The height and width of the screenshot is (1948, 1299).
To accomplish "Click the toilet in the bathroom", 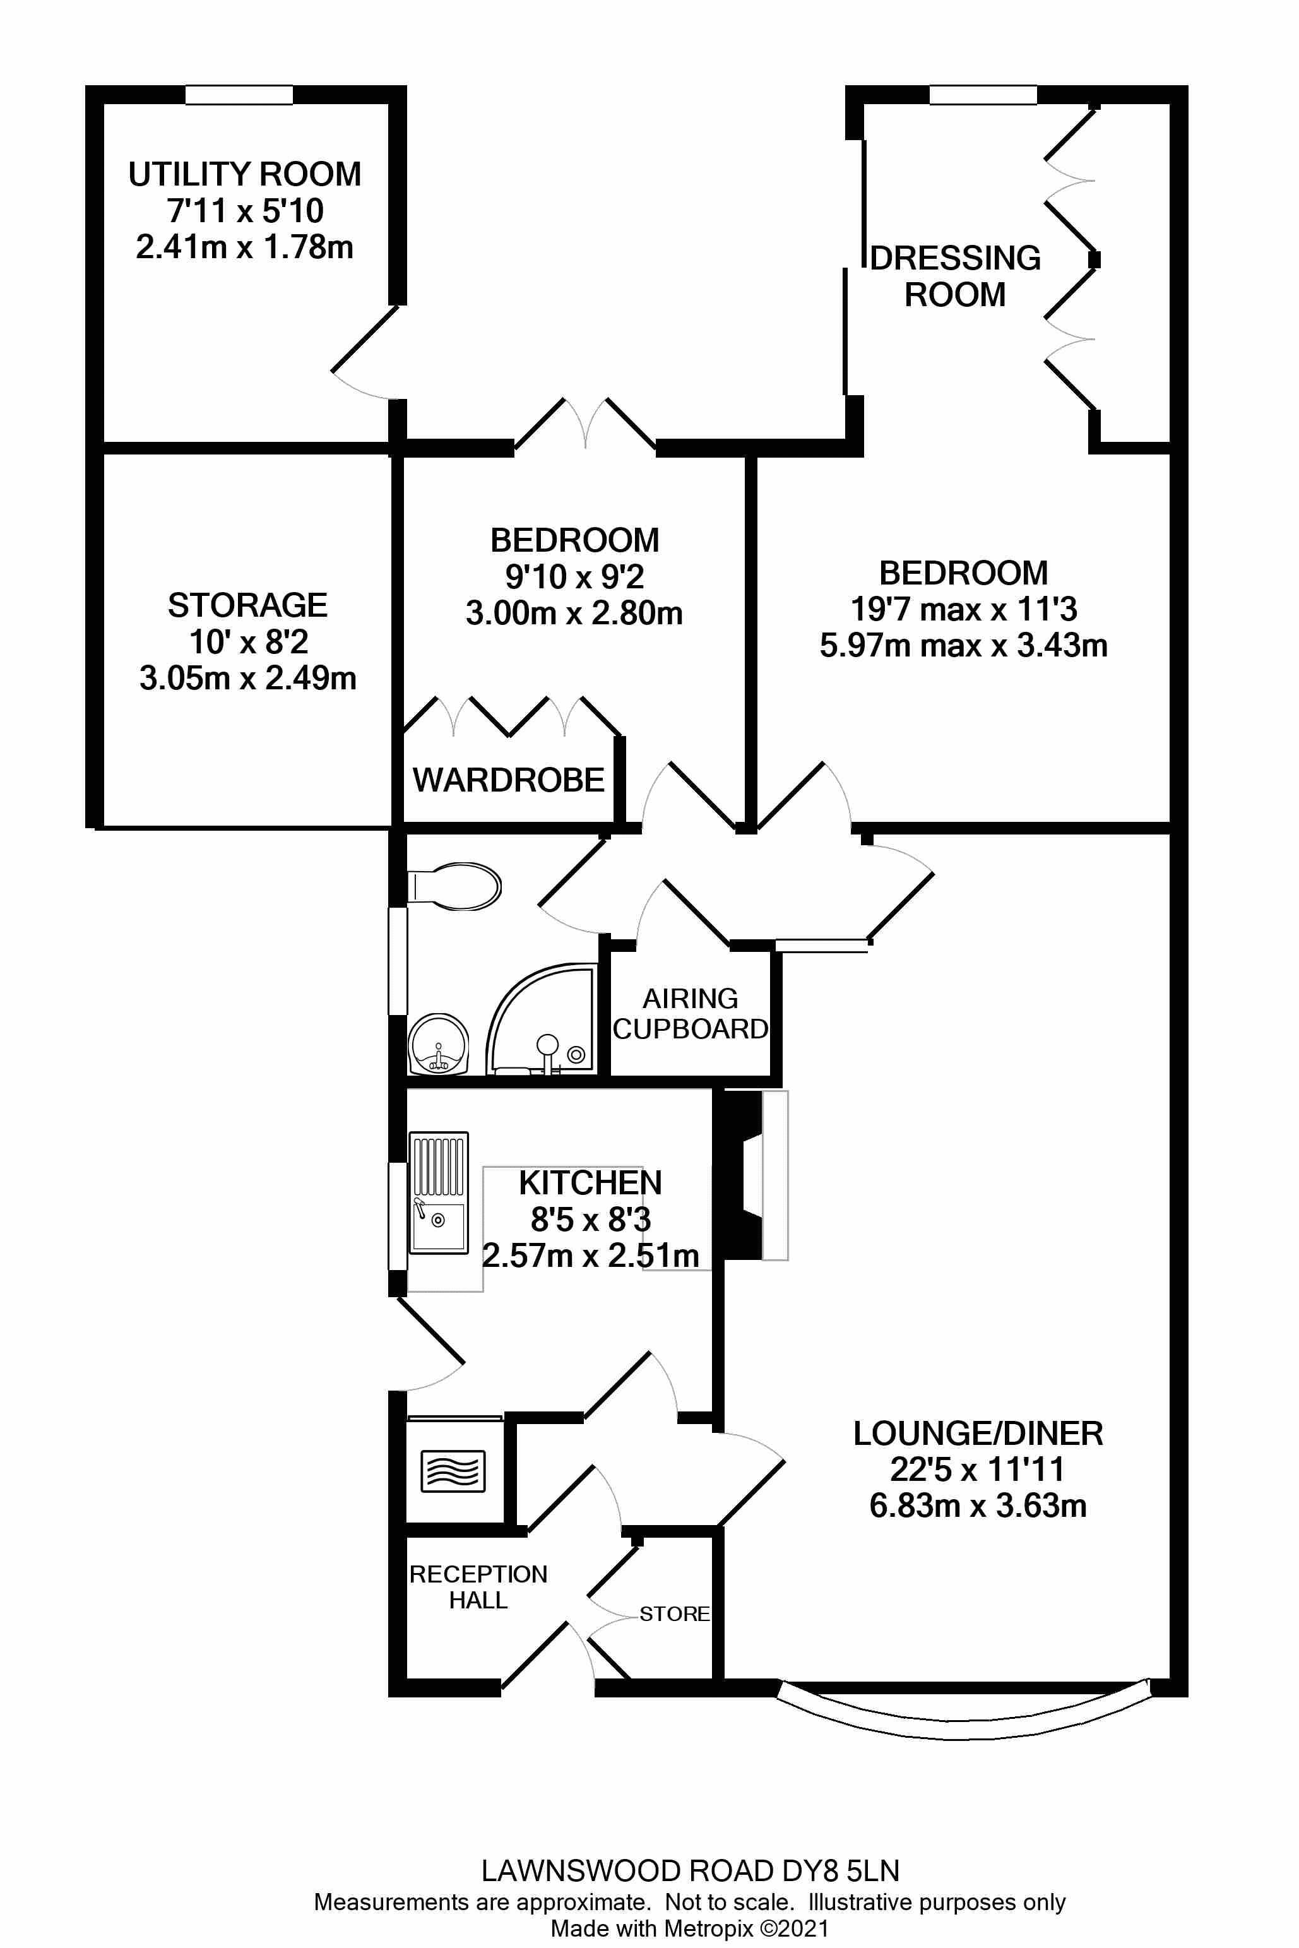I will (456, 887).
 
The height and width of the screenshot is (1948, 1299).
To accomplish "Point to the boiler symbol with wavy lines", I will (453, 1471).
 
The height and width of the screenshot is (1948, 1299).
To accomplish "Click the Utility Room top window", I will (239, 95).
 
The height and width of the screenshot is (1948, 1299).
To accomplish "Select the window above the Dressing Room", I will (983, 95).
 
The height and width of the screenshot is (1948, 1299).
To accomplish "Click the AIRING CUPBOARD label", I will (690, 1013).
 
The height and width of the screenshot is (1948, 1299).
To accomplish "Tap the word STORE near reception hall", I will (674, 1613).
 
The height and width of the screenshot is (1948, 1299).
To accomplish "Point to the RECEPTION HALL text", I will (478, 1587).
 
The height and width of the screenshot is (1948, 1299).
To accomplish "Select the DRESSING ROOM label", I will (955, 276).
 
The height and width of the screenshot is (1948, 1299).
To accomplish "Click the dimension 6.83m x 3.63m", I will (978, 1505).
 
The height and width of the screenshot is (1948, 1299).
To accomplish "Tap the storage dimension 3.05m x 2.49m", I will (247, 678).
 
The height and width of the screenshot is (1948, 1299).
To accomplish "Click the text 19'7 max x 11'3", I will (963, 609).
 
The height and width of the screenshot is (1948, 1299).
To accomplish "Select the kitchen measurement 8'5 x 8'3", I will (591, 1219).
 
